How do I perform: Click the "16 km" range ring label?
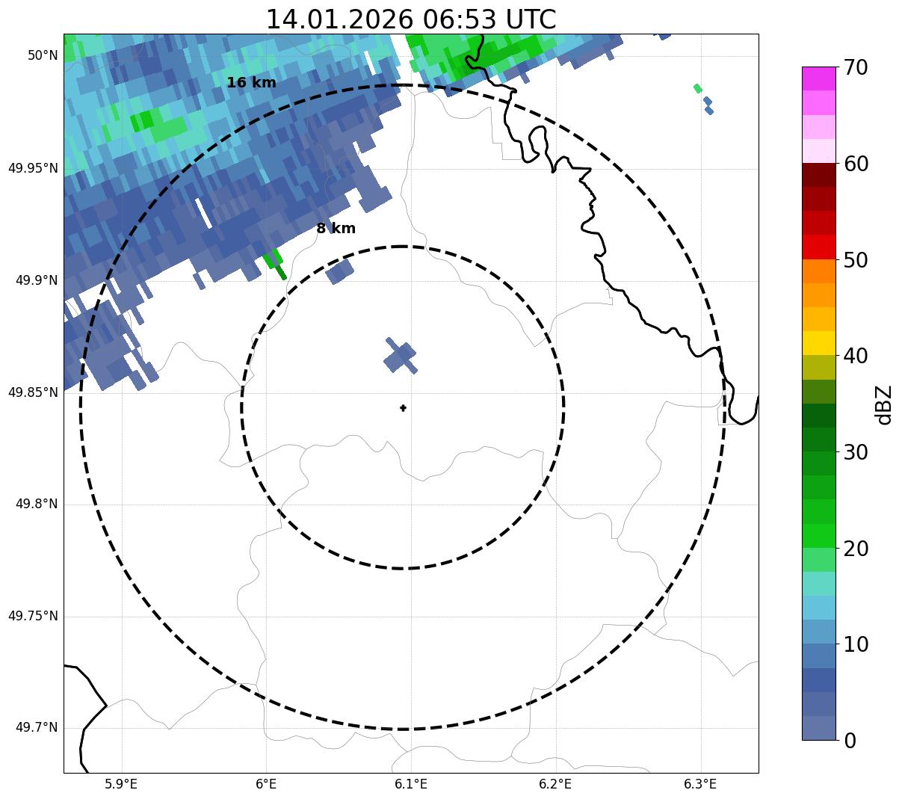251,83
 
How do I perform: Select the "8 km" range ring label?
336,229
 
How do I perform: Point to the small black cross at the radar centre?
404,407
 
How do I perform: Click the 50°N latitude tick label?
43,55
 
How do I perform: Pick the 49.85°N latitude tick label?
33,392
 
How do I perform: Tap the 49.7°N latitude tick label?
37,728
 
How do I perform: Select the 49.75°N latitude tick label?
33,616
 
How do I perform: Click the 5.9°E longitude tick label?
122,784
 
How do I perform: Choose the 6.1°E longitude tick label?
411,784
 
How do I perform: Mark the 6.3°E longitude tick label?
700,784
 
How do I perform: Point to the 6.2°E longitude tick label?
555,784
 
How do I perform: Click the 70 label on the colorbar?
856,68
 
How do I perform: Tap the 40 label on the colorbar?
856,356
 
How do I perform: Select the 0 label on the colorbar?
850,741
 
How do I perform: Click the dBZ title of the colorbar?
884,404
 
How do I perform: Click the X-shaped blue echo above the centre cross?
401,356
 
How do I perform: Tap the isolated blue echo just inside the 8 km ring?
340,271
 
